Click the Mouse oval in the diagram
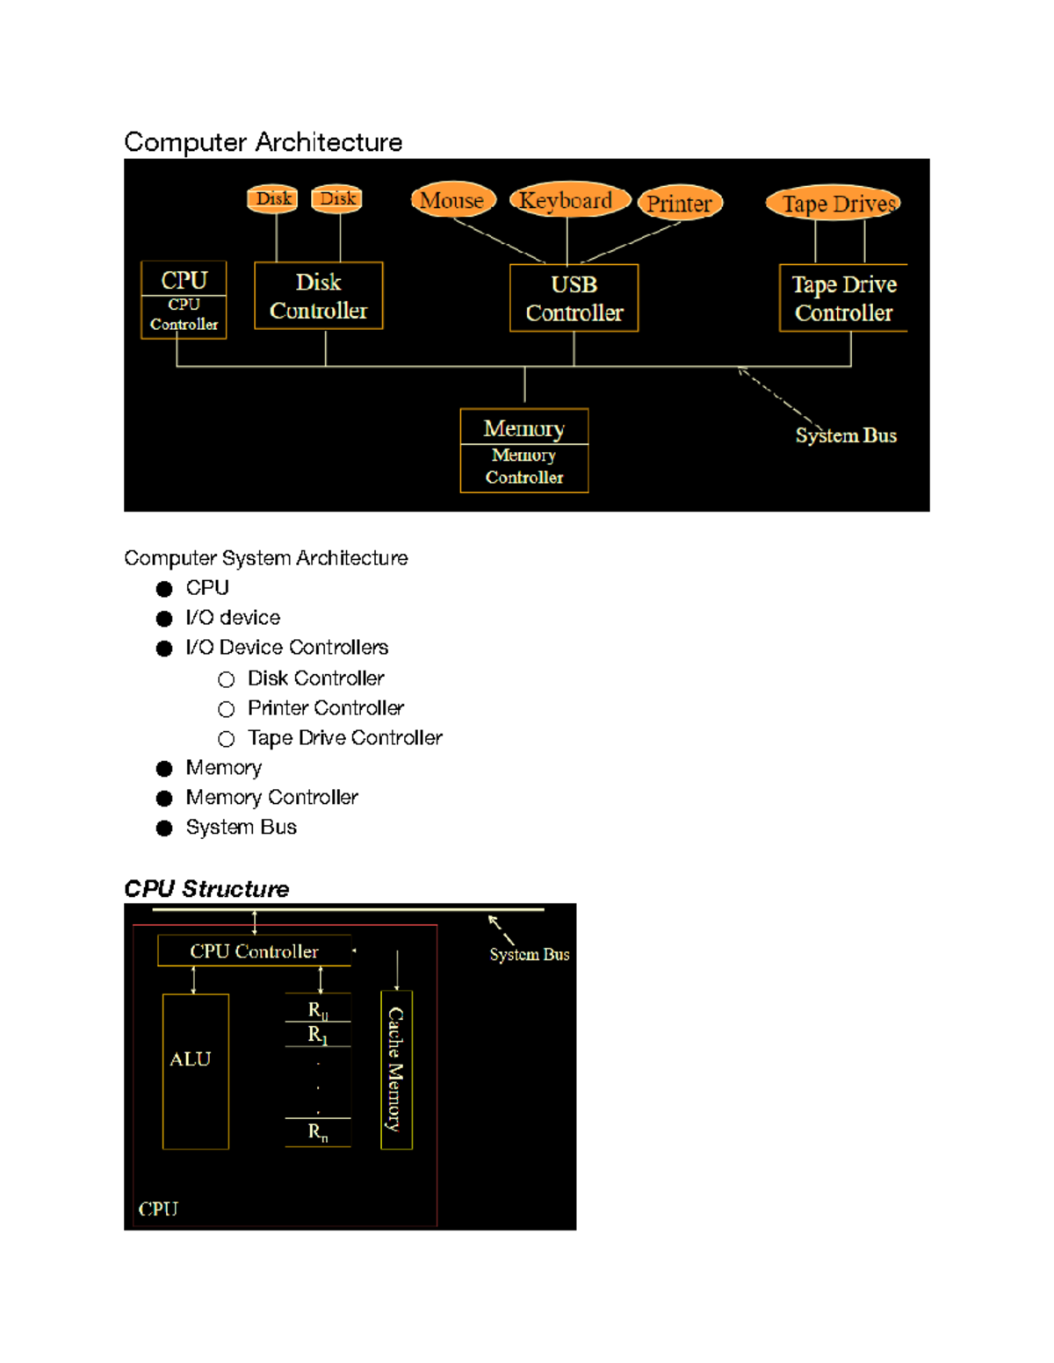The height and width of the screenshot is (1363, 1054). click(x=452, y=200)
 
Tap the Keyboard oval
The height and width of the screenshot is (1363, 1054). click(x=567, y=200)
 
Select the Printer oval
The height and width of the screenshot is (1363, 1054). click(x=679, y=204)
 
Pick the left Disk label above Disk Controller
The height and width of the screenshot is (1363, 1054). click(x=273, y=198)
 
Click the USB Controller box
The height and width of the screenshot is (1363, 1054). click(x=574, y=298)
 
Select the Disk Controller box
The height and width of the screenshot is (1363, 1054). click(x=318, y=296)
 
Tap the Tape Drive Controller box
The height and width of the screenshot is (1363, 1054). click(x=843, y=298)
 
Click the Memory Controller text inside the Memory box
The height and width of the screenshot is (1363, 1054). click(x=524, y=466)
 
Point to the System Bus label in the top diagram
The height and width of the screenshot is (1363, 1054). click(x=846, y=435)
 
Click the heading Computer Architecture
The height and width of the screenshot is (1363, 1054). click(x=263, y=142)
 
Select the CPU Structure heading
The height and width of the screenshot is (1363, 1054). click(x=206, y=889)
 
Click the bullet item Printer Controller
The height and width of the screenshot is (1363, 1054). click(x=325, y=708)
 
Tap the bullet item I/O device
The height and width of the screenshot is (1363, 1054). click(x=233, y=618)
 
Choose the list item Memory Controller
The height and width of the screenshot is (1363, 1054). click(x=271, y=798)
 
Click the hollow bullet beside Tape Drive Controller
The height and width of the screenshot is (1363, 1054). click(x=227, y=739)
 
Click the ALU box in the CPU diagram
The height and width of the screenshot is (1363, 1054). click(x=195, y=1071)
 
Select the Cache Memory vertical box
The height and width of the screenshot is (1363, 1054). click(x=396, y=1069)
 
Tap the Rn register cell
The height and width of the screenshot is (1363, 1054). click(x=318, y=1132)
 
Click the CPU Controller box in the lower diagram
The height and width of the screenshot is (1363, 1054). click(x=254, y=951)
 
